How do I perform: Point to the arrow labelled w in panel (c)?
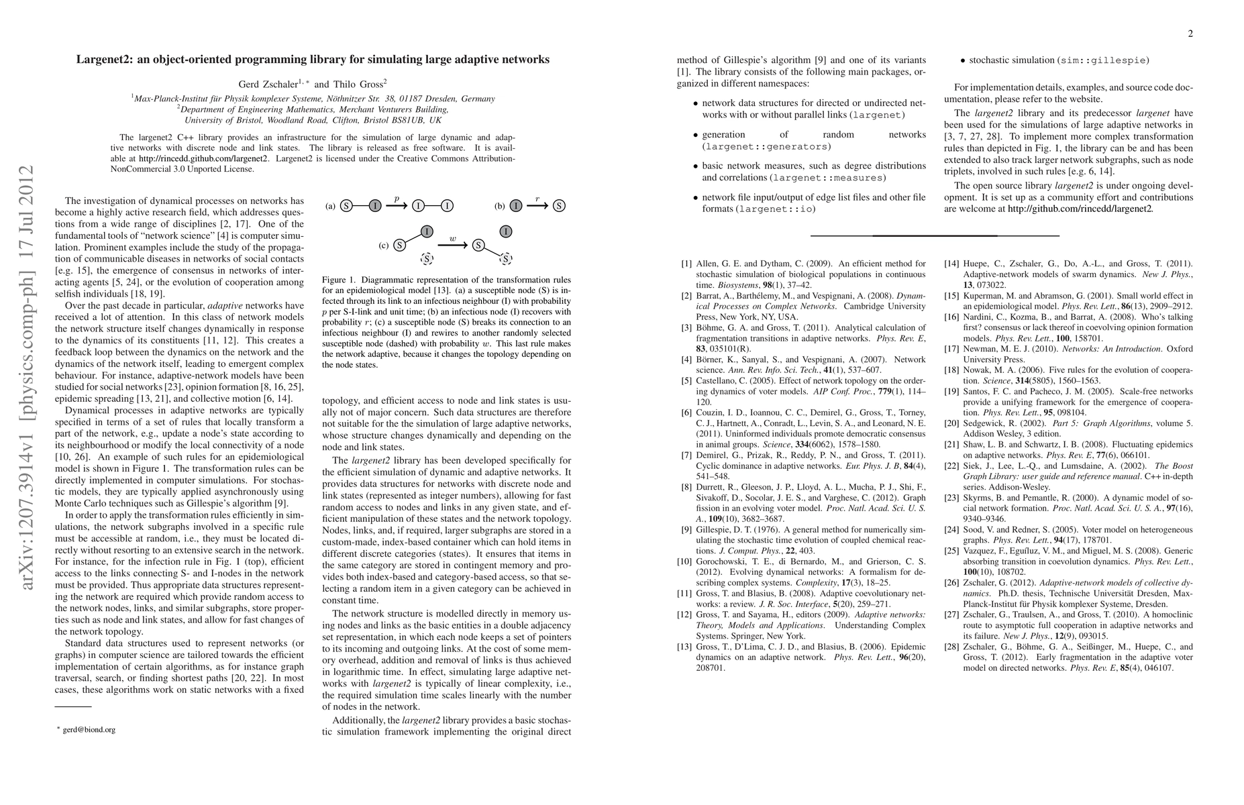[x=452, y=245]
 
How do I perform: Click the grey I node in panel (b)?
[x=515, y=206]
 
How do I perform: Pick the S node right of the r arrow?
[x=559, y=206]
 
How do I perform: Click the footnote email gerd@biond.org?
[x=89, y=730]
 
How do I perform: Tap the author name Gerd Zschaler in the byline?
[x=268, y=85]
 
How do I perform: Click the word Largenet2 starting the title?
[x=103, y=60]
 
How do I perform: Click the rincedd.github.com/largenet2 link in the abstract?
[x=203, y=159]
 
